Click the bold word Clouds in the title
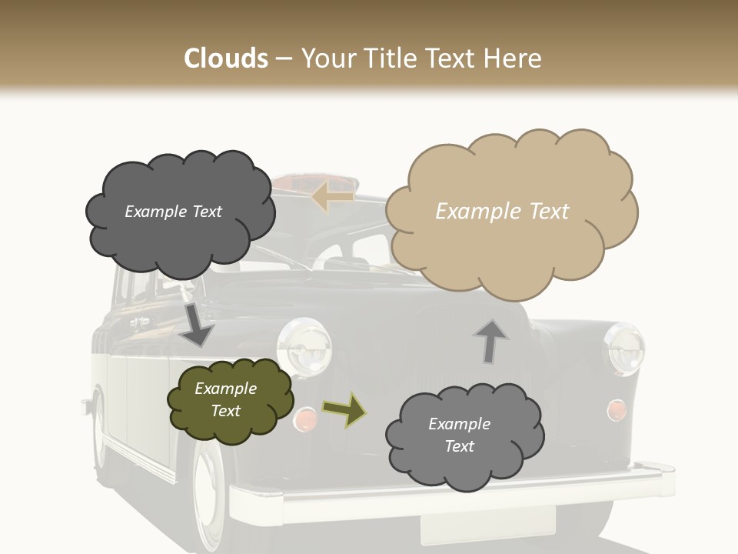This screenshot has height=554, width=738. pos(226,58)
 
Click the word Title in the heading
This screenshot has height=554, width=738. pos(387,58)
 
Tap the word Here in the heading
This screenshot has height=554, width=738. pos(514,58)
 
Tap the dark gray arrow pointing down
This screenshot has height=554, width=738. pos(197,324)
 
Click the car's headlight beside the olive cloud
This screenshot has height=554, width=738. pos(304,345)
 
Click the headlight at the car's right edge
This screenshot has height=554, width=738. pos(624,348)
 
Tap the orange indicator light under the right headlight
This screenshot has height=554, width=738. pos(616,410)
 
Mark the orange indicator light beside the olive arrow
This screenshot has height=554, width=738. pos(305,419)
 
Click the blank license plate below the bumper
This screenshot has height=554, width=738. pos(487,525)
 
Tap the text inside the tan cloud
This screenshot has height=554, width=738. pos(502,212)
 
